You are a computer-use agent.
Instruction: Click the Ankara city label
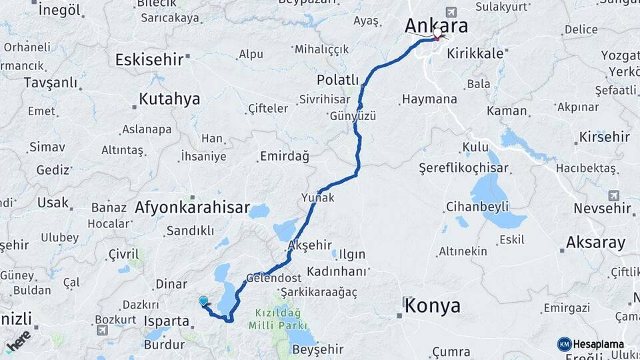pos(436,25)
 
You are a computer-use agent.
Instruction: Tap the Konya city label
pos(433,306)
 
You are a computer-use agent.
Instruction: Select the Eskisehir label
pos(149,60)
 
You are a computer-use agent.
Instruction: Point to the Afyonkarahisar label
pos(192,207)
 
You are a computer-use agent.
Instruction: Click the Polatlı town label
pos(337,80)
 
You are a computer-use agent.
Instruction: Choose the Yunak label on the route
pos(318,198)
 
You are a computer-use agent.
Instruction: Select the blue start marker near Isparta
pos(203,301)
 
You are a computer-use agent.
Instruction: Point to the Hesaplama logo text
pos(599,344)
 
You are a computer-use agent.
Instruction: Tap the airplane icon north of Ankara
pos(452,13)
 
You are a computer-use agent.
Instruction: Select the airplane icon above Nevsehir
pos(613,195)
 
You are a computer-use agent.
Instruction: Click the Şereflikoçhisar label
pos(463,168)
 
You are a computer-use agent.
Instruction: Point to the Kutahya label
pos(169,99)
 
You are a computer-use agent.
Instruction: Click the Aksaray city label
pos(595,242)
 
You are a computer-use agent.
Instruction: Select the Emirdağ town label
pos(284,157)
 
